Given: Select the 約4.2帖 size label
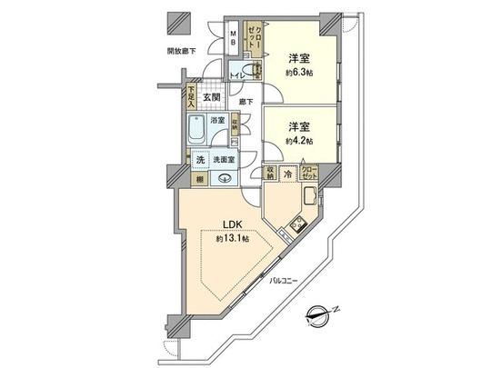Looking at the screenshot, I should [x=297, y=142].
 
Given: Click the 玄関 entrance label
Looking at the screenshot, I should [x=212, y=99].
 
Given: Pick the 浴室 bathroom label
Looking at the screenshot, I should [x=218, y=119].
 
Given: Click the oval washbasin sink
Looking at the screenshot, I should [x=222, y=178].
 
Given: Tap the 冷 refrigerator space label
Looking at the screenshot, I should [x=288, y=173].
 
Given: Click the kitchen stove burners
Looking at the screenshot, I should [x=294, y=227].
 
